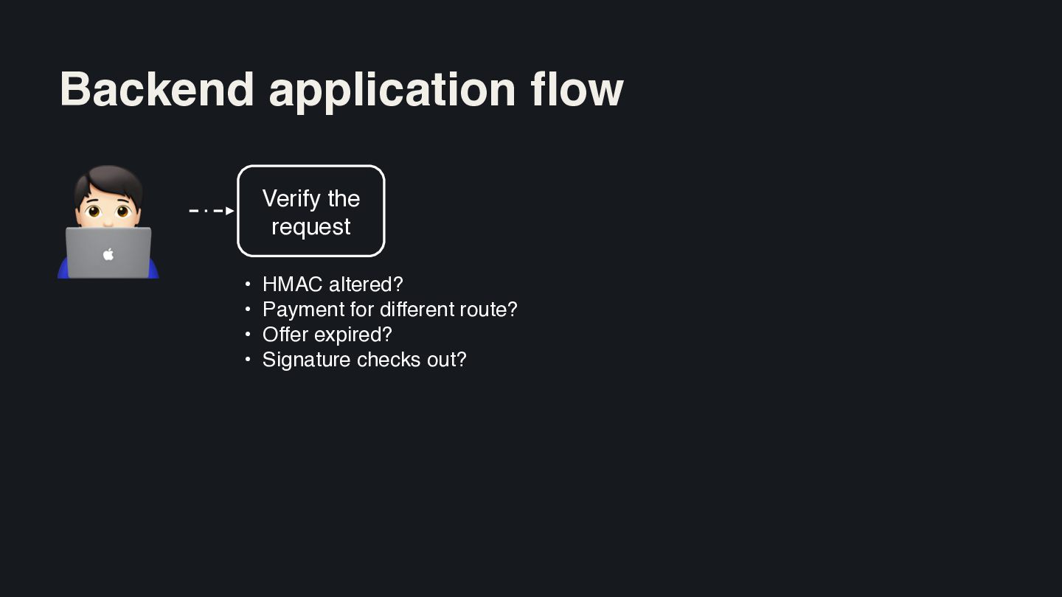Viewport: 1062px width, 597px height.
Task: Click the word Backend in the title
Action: click(157, 89)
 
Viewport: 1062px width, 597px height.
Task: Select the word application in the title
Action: click(392, 92)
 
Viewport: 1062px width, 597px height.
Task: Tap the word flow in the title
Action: click(577, 89)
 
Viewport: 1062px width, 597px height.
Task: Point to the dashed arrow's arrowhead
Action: click(230, 210)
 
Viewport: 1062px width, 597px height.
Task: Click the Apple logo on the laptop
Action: click(108, 254)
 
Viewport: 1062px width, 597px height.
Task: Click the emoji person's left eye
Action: click(94, 211)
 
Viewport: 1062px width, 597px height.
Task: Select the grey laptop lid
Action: click(108, 253)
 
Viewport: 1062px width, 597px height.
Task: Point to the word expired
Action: click(348, 335)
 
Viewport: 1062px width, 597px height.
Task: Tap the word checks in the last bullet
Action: click(389, 360)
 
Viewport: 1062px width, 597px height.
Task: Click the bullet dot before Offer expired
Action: click(248, 335)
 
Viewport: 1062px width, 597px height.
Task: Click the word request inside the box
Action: click(311, 227)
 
